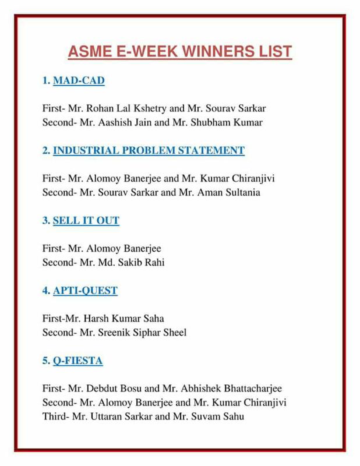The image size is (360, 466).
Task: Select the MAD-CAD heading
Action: click(79, 81)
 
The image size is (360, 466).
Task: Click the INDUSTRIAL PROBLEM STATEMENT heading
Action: click(149, 150)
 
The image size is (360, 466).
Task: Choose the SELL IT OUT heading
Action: click(86, 220)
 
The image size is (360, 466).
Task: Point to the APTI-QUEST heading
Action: click(85, 290)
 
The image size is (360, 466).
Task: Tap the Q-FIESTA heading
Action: click(77, 361)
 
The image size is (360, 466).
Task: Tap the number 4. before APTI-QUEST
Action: click(46, 290)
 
